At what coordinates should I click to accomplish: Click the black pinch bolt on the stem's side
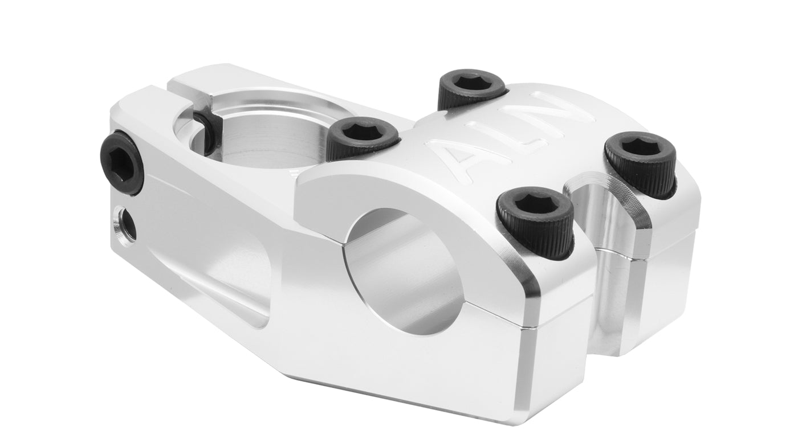pos(122,162)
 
